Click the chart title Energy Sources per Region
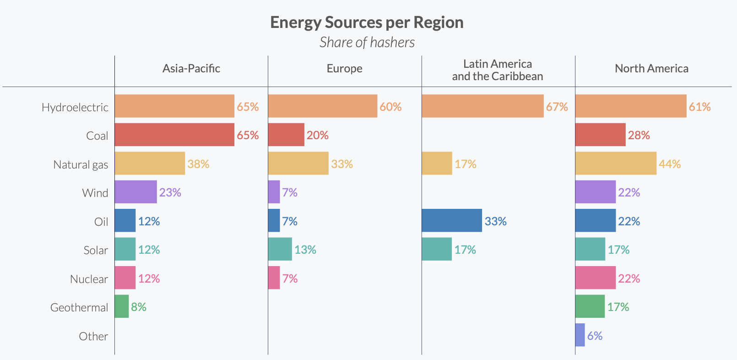tap(367, 22)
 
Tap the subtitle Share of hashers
tap(367, 43)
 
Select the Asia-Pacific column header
tap(191, 69)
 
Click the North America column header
tap(651, 69)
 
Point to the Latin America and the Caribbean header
tap(497, 70)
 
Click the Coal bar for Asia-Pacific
tap(174, 135)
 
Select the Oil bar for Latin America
tap(451, 221)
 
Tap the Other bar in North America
tap(580, 335)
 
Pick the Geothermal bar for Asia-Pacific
tap(121, 306)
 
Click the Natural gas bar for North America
tap(615, 164)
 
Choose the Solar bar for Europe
tap(280, 249)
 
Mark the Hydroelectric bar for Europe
tap(322, 106)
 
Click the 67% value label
tap(557, 107)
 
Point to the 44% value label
tap(669, 164)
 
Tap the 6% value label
tap(595, 336)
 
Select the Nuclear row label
tap(89, 279)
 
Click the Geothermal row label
tap(79, 307)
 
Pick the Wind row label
tap(95, 193)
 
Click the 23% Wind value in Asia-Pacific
tap(170, 192)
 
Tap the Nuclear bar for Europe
tap(274, 278)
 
